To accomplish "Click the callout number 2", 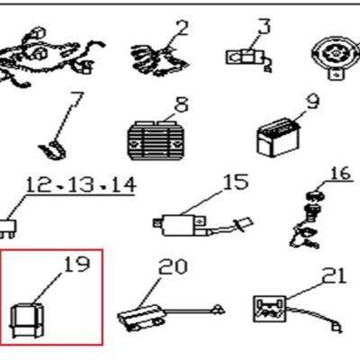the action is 181,28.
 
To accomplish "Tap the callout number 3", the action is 265,26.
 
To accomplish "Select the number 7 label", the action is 76,100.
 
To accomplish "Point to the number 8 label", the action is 182,104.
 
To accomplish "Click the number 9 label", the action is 313,102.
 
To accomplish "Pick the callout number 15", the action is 236,182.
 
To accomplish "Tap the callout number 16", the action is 341,174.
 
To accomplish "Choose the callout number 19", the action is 77,264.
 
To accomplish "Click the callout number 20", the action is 173,266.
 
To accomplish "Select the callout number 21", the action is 334,275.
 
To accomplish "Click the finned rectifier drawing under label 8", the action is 155,140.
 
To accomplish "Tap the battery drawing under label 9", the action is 278,138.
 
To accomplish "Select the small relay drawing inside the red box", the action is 27,319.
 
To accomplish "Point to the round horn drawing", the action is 336,57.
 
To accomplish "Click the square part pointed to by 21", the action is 269,309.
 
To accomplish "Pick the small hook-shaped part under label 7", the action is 52,150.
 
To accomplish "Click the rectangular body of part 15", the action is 177,225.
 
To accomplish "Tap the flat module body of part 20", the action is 142,318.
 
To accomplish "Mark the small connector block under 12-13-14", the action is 8,229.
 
